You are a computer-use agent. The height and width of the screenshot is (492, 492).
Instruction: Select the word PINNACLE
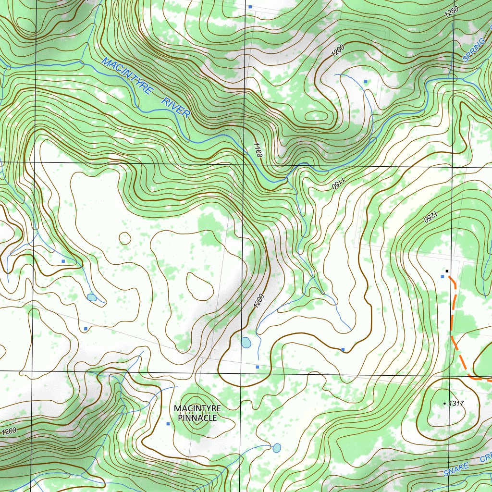pyautogui.click(x=197, y=418)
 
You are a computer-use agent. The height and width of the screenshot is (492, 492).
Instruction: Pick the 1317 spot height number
pyautogui.click(x=456, y=404)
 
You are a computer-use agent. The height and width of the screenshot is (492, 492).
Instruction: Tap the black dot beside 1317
pyautogui.click(x=444, y=404)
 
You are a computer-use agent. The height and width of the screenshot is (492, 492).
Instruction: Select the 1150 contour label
pyautogui.click(x=338, y=183)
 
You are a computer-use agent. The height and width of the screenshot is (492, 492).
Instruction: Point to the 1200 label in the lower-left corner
pyautogui.click(x=10, y=431)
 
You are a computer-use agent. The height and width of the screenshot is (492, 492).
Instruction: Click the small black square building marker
pyautogui.click(x=447, y=271)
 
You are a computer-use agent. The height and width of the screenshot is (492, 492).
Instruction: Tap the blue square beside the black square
pyautogui.click(x=443, y=277)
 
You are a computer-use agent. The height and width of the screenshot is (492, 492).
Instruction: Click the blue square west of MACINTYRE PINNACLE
pyautogui.click(x=168, y=424)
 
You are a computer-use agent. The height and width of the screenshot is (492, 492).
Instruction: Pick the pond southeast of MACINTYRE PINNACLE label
pyautogui.click(x=277, y=448)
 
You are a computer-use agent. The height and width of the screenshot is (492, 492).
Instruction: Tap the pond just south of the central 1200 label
pyautogui.click(x=246, y=343)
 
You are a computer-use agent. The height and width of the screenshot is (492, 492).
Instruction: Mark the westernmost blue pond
pyautogui.click(x=91, y=297)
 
